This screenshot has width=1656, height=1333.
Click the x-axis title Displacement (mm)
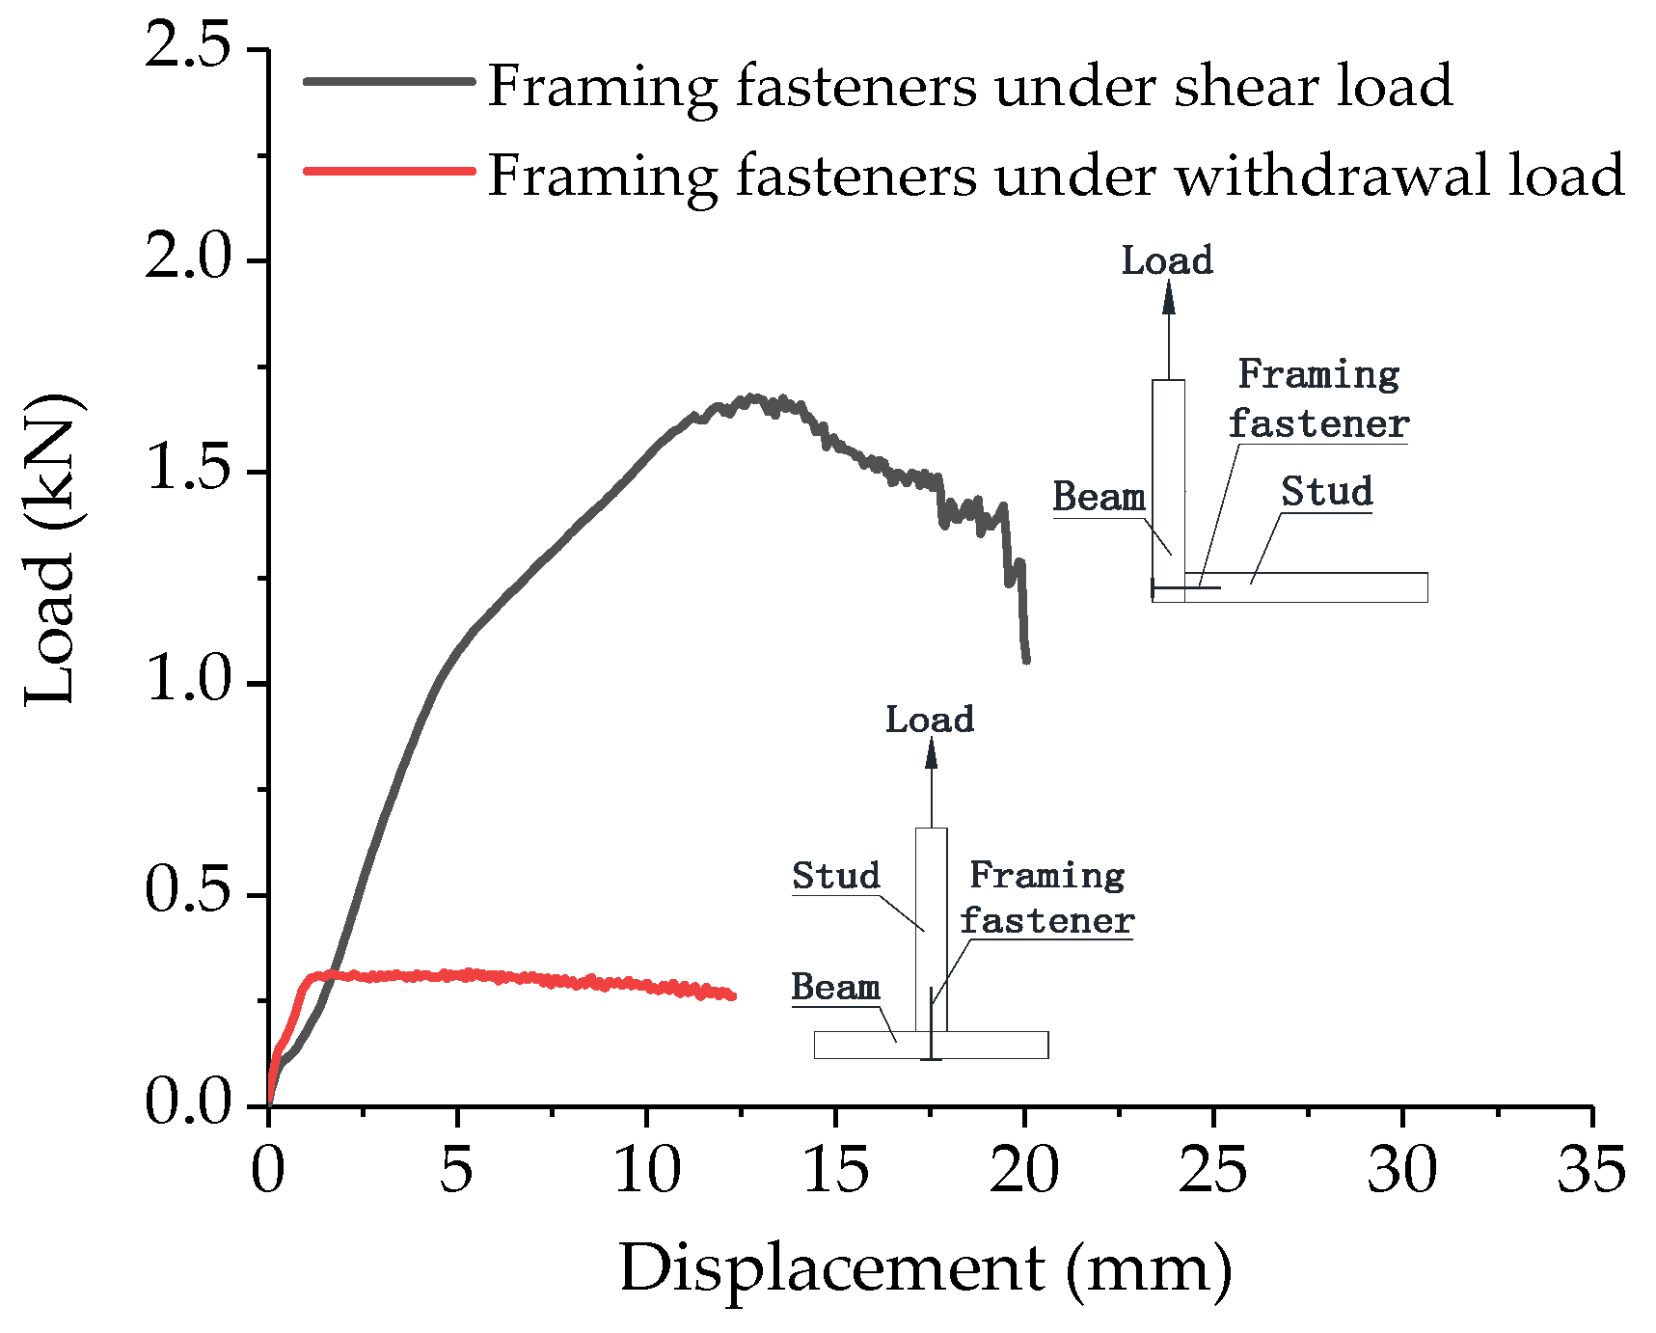point(925,1268)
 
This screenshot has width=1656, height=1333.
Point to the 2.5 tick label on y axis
point(188,47)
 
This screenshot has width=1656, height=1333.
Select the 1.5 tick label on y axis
point(188,471)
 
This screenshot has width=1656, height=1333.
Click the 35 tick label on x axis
point(1591,1170)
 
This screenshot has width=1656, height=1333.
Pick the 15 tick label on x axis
point(835,1170)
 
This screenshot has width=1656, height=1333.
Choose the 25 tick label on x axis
point(1213,1170)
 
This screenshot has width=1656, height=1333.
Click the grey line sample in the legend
point(390,82)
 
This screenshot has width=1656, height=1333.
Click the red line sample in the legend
point(390,171)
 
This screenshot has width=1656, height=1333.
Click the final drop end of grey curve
point(1026,660)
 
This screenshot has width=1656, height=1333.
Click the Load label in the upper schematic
point(1166,261)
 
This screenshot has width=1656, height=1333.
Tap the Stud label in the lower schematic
point(835,876)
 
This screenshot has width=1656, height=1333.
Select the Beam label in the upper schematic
point(1099,497)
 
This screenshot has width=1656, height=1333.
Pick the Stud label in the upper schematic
point(1326,492)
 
